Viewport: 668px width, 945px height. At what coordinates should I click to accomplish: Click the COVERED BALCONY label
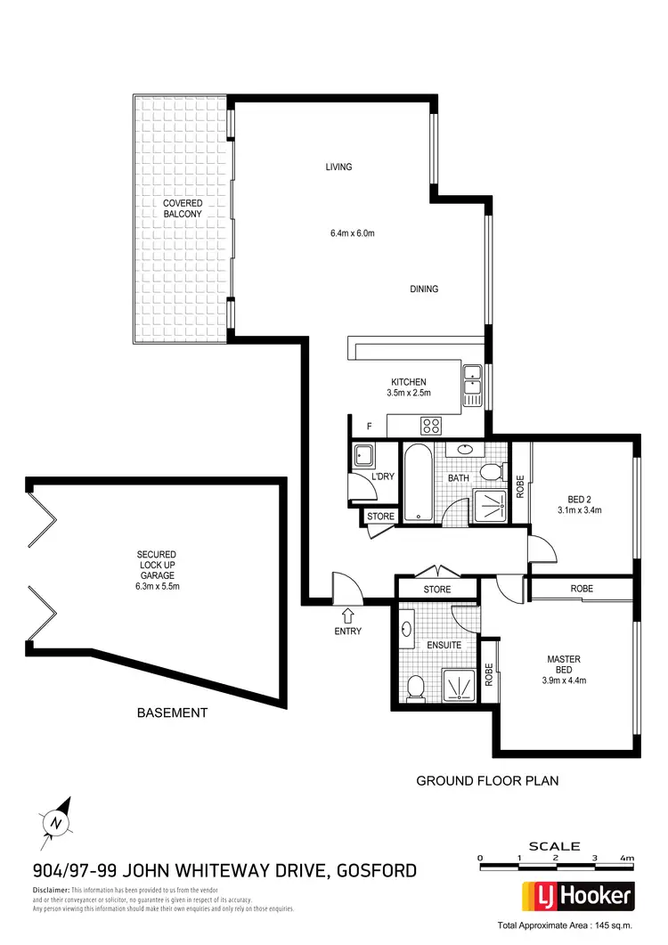click(182, 208)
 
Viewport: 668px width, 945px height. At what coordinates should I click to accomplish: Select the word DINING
click(424, 289)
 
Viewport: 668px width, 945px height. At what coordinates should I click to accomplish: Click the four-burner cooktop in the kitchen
click(432, 425)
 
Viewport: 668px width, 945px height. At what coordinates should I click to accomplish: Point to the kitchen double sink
click(473, 384)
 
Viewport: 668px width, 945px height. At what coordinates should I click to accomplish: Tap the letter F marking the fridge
click(355, 426)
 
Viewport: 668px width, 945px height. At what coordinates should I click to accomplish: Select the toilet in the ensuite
click(415, 686)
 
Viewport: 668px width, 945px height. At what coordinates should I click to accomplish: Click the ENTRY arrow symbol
click(347, 615)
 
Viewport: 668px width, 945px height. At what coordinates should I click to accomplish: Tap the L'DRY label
click(383, 477)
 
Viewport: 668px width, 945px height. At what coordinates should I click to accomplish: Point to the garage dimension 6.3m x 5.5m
click(157, 587)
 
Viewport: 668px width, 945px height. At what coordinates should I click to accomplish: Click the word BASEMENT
click(172, 713)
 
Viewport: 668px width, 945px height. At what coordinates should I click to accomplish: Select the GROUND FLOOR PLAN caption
click(487, 781)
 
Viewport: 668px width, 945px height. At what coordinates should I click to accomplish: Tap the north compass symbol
click(57, 821)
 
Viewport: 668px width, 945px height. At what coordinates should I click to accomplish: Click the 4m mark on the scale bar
click(629, 859)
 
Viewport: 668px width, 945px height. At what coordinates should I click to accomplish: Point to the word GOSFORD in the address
click(373, 870)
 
